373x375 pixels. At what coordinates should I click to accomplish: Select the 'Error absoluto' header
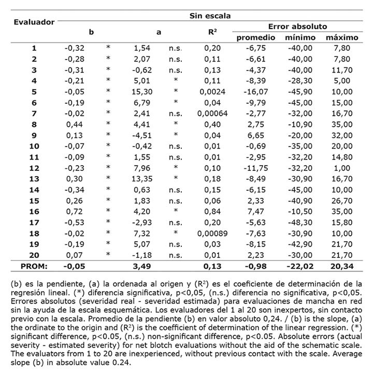point(297,26)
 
